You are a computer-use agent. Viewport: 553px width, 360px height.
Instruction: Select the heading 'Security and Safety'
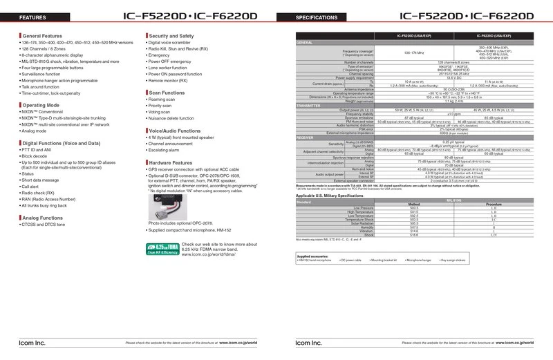[x=174, y=35]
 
